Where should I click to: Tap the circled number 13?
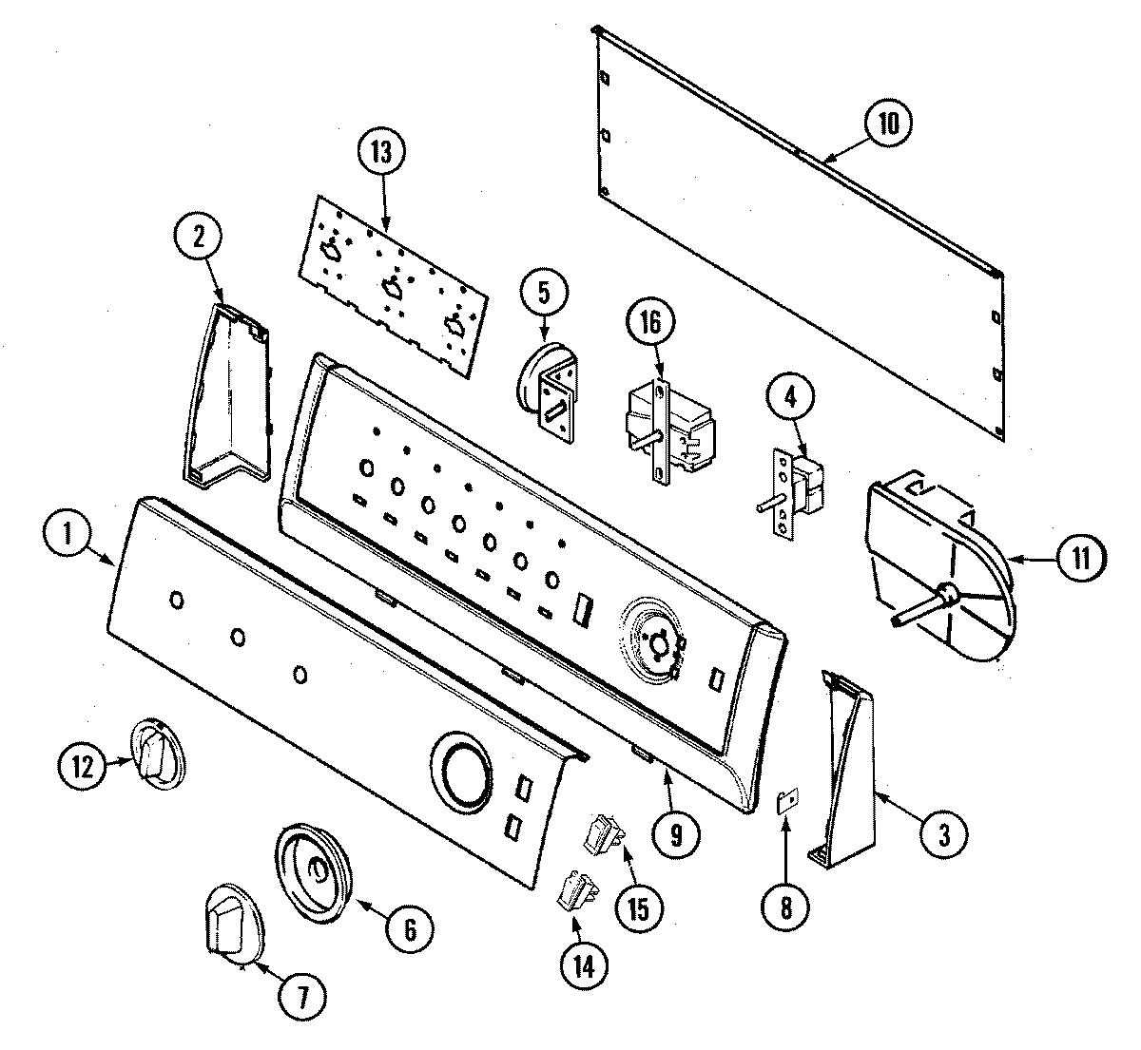click(x=381, y=153)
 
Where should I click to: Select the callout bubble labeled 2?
click(x=199, y=238)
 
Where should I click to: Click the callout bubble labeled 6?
click(x=409, y=927)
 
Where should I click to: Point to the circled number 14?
click(x=583, y=965)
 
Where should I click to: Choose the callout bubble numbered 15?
click(x=636, y=907)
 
